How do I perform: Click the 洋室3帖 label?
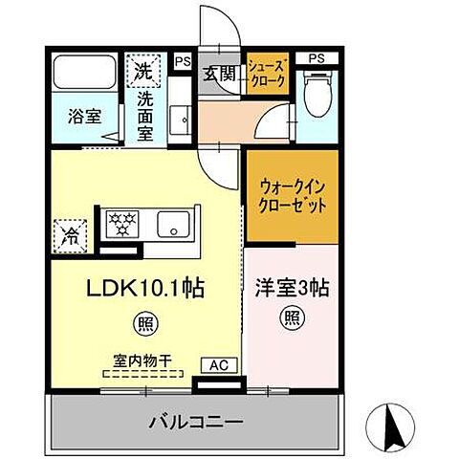tap(292, 286)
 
